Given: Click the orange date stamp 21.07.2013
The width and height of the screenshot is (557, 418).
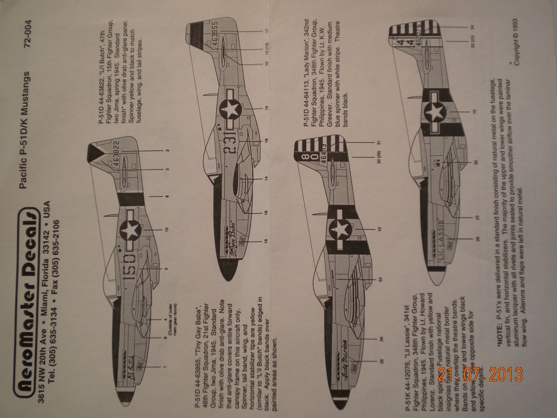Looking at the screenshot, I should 480,374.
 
